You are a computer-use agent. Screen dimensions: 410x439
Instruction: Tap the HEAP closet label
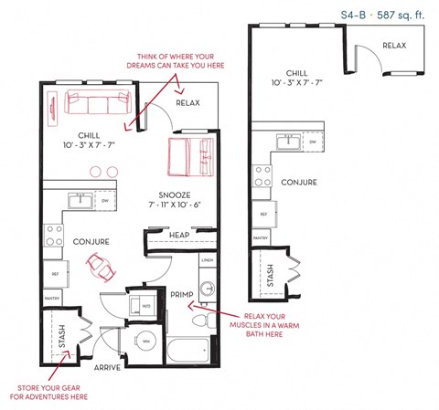(x=179, y=236)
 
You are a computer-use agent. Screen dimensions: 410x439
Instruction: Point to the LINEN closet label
(x=207, y=260)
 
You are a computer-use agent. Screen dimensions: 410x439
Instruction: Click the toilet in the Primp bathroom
(x=201, y=321)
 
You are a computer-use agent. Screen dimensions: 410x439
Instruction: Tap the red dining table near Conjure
(x=100, y=268)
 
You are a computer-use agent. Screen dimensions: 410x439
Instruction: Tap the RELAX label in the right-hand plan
(x=394, y=46)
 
